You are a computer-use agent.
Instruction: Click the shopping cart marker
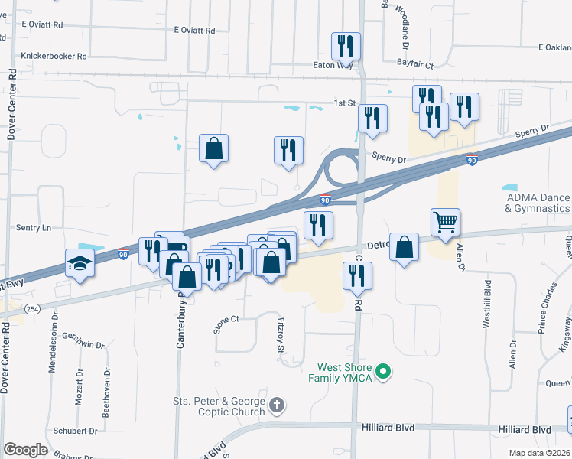[x=445, y=223]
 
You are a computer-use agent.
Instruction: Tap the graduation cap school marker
[x=80, y=264]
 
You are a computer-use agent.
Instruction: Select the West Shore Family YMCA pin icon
[x=386, y=373]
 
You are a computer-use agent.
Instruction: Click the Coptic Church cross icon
[x=277, y=404]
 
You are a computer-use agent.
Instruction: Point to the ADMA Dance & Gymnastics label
[x=538, y=203]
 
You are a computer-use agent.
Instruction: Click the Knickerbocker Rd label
[x=54, y=56]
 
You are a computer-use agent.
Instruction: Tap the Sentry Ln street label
[x=34, y=227]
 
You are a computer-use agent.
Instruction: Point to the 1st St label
[x=344, y=103]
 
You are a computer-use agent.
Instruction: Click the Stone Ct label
[x=226, y=326]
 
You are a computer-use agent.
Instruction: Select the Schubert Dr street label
[x=76, y=431]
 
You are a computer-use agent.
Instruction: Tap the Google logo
[x=25, y=450]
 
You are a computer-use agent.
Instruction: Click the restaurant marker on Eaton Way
[x=346, y=47]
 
